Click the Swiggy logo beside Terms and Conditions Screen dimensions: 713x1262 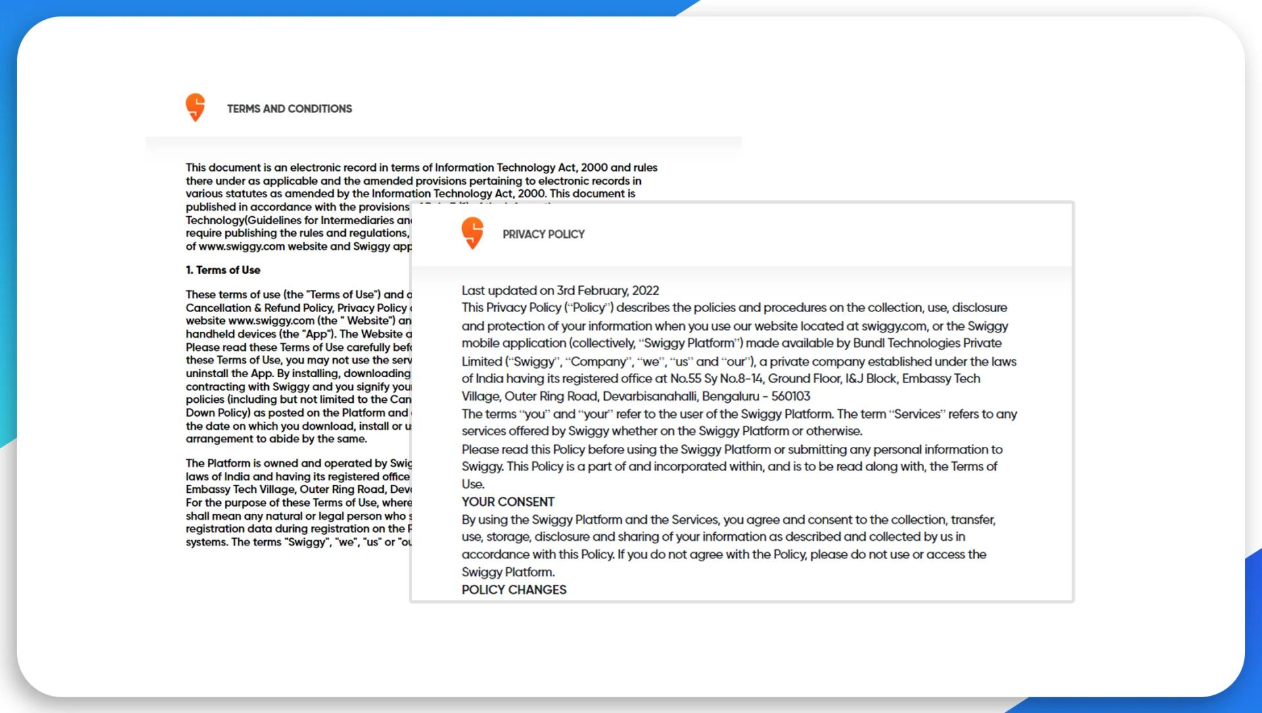pos(195,107)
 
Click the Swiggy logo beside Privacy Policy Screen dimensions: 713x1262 pos(473,233)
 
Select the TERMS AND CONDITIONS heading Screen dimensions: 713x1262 pos(289,109)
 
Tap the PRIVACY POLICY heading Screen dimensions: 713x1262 pos(544,235)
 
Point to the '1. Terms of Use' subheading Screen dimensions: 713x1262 pos(223,270)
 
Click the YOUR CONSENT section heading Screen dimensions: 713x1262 pos(508,502)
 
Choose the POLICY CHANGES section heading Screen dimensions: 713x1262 pos(514,590)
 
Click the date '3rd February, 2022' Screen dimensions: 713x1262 pos(608,290)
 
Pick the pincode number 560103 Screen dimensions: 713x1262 pos(791,396)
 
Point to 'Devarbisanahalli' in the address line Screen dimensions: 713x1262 pos(650,396)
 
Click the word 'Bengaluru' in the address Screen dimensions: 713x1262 pos(730,396)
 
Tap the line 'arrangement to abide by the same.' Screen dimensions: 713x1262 pos(276,439)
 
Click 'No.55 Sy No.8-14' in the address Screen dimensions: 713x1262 pos(716,379)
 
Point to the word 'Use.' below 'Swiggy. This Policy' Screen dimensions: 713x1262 pos(473,484)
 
